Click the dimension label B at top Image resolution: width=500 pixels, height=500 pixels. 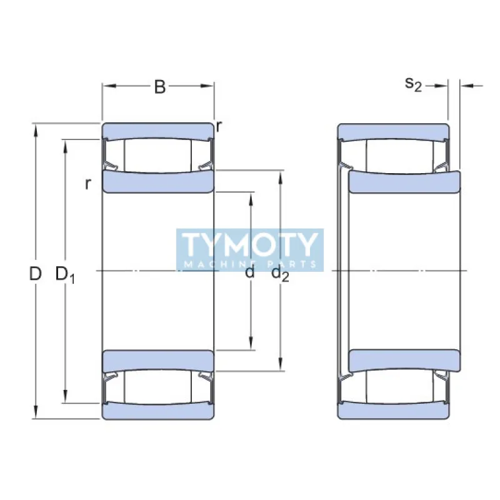pyautogui.click(x=160, y=87)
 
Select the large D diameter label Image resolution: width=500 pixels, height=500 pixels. pyautogui.click(x=36, y=273)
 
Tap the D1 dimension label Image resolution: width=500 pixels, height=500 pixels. pyautogui.click(x=64, y=274)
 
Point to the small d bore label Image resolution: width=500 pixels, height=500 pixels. pyautogui.click(x=250, y=273)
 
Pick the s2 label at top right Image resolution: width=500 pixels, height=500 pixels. pyautogui.click(x=413, y=84)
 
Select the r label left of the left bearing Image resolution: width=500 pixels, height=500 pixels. pyautogui.click(x=89, y=183)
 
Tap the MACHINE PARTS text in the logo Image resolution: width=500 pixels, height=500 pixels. pyautogui.click(x=250, y=264)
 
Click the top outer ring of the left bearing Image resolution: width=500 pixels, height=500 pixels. pyautogui.click(x=158, y=131)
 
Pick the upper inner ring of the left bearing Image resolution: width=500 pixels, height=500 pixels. pyautogui.click(x=158, y=182)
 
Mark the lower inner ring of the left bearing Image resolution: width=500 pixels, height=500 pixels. pyautogui.click(x=158, y=360)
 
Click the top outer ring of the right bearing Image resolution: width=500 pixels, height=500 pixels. pyautogui.click(x=393, y=131)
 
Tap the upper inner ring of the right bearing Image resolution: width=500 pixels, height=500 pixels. pyautogui.click(x=404, y=182)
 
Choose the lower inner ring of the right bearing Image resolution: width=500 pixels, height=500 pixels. pyautogui.click(x=404, y=360)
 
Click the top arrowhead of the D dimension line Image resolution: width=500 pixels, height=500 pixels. pyautogui.click(x=36, y=129)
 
